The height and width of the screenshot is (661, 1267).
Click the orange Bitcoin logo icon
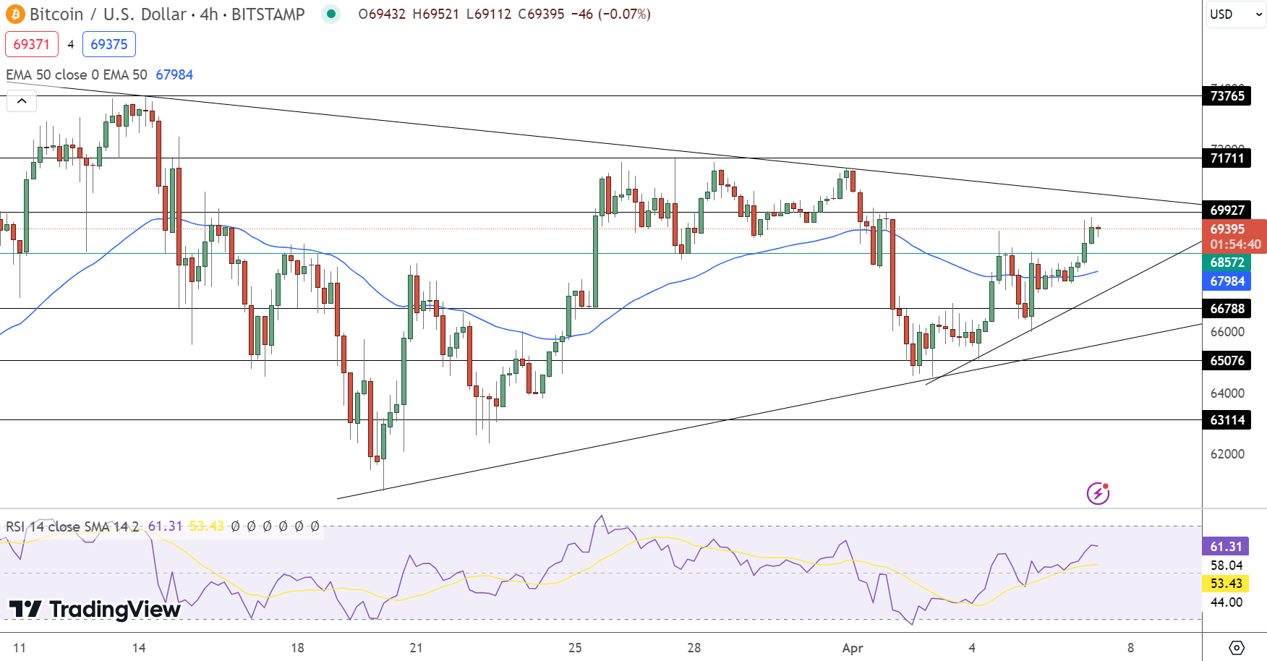point(14,14)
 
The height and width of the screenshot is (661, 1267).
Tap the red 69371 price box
point(32,44)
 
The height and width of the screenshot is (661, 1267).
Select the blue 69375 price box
point(109,44)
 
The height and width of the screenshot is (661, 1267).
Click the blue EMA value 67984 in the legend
point(174,74)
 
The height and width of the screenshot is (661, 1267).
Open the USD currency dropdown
point(1234,14)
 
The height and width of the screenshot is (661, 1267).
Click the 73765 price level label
point(1227,95)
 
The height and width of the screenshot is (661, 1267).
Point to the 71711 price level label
point(1227,158)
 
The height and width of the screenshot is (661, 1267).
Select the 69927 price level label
point(1227,210)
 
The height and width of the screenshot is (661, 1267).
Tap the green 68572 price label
point(1227,262)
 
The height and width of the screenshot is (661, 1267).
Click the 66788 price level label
point(1227,308)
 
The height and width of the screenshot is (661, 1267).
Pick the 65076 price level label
point(1227,360)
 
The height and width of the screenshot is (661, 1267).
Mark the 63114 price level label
point(1227,419)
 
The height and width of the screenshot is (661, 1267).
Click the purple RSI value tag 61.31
point(1226,546)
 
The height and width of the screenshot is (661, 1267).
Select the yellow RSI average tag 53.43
point(1226,583)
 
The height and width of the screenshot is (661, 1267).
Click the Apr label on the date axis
point(853,647)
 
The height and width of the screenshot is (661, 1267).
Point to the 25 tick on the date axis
point(575,647)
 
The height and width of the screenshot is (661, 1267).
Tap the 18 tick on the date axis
point(297,647)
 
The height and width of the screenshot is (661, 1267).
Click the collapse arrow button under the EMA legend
point(22,101)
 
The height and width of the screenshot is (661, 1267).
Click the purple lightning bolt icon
point(1098,493)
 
